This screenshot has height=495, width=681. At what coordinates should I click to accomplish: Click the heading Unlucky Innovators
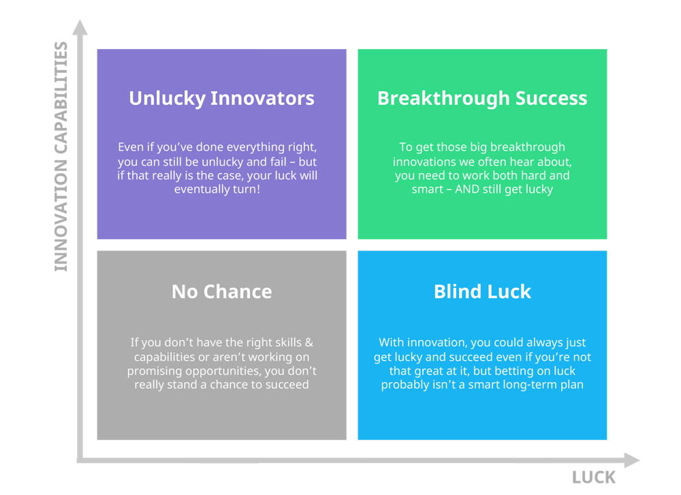point(221,98)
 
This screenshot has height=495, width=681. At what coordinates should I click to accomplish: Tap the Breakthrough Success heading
point(482,98)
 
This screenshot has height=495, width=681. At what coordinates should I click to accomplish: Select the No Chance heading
point(221,291)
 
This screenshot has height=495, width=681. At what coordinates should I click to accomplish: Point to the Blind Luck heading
point(482,291)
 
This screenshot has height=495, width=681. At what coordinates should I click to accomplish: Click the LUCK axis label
point(594,477)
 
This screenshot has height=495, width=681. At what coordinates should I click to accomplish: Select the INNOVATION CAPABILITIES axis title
point(61,157)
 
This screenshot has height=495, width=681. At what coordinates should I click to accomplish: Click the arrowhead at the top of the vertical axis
point(80,29)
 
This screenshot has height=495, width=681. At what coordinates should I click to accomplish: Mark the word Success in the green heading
point(552,98)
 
